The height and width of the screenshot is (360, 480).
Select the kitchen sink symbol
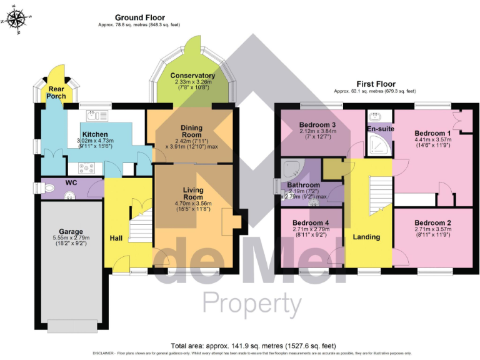97,115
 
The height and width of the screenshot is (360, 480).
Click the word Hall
116,238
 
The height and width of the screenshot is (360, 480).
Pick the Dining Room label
191,132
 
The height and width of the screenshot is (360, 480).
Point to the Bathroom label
303,185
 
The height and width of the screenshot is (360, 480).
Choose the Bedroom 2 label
432,222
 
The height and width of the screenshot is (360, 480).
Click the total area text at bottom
253,345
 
